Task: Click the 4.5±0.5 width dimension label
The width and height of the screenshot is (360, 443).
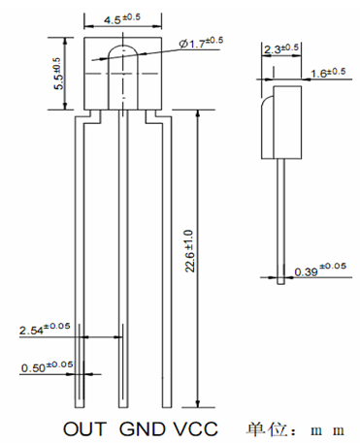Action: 122,18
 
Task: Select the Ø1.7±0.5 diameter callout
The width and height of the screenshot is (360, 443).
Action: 201,42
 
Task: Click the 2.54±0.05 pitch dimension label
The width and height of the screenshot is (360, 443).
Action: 45,329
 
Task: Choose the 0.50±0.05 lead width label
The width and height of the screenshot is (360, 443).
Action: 48,366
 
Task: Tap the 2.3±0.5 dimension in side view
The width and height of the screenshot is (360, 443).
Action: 281,48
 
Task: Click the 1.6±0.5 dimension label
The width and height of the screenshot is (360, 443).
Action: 328,73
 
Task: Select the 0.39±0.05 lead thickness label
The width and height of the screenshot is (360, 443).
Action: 320,270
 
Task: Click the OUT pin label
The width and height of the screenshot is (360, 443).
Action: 84,429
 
